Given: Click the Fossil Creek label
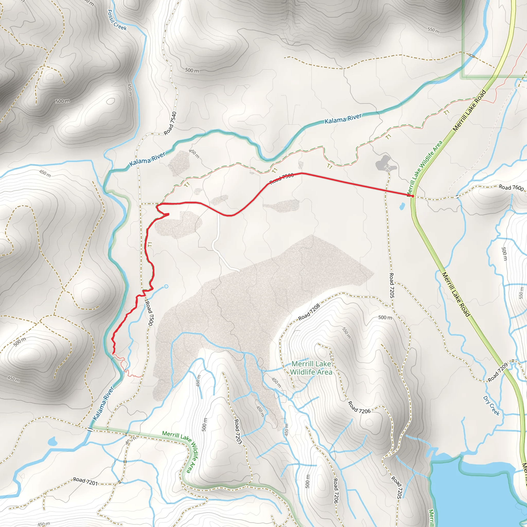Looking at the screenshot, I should pyautogui.click(x=117, y=20).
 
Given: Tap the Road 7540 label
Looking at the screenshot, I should pyautogui.click(x=170, y=123).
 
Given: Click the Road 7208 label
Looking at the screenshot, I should pyautogui.click(x=309, y=312).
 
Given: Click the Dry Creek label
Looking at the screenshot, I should pyautogui.click(x=491, y=406).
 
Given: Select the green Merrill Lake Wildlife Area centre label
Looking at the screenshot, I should pyautogui.click(x=311, y=368).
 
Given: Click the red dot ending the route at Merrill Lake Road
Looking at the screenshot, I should pyautogui.click(x=413, y=196).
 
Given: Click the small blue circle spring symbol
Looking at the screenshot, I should pyautogui.click(x=166, y=286).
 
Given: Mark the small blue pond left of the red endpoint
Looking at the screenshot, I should pyautogui.click(x=401, y=206).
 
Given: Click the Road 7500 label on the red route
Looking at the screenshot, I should pyautogui.click(x=282, y=178).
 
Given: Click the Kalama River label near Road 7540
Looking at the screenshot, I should pyautogui.click(x=147, y=159).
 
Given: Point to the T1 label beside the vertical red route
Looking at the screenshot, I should pyautogui.click(x=150, y=244).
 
